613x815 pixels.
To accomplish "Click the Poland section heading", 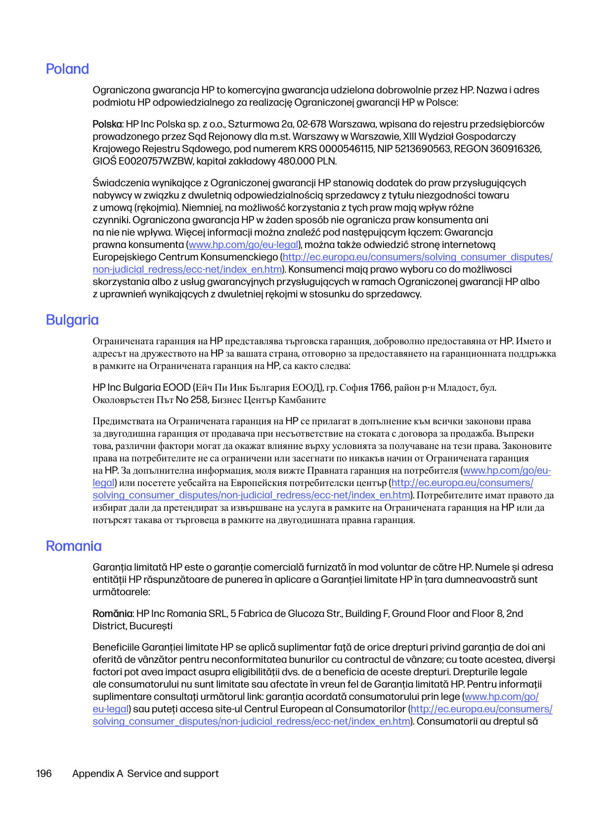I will [x=67, y=69].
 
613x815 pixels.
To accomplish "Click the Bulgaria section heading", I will [x=72, y=320].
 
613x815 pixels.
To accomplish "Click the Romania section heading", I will [x=74, y=546].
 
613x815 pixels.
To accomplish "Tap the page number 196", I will [x=44, y=774].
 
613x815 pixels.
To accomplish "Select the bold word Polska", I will [x=107, y=124].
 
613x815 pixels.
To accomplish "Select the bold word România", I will [x=112, y=613].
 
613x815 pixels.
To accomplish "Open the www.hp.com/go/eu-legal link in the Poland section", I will [x=244, y=245].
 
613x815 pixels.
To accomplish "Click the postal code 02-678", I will [x=310, y=124].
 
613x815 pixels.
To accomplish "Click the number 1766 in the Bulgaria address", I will [x=381, y=388].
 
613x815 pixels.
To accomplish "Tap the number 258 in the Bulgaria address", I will [x=199, y=400].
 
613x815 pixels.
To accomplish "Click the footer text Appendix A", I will [x=97, y=774].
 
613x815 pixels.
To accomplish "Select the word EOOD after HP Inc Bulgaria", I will [x=176, y=388].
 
